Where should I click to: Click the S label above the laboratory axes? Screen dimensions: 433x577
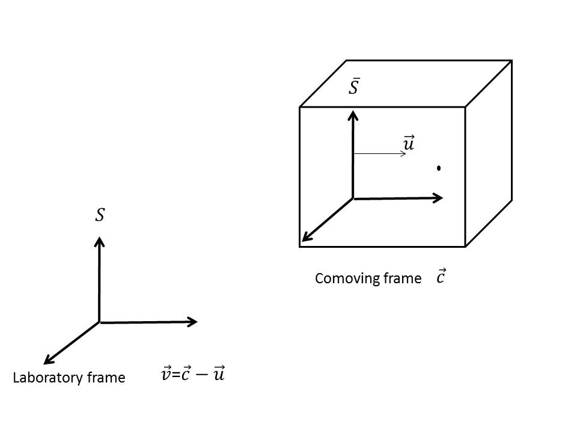[x=100, y=215]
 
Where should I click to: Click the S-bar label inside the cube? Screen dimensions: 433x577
[x=354, y=87]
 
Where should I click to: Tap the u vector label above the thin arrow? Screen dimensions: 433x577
[x=409, y=144]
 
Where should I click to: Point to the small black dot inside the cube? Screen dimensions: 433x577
[x=439, y=168]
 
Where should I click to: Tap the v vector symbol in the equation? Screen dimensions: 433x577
[x=166, y=375]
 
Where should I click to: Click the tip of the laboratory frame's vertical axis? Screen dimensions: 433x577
[x=100, y=238]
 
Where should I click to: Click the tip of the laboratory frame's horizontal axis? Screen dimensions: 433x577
[x=197, y=322]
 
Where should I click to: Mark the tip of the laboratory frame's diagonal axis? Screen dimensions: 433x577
[x=45, y=363]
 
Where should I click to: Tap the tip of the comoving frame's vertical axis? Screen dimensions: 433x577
[x=353, y=111]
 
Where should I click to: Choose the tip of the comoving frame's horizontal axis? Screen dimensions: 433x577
[x=442, y=197]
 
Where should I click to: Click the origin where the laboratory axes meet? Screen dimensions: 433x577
[x=100, y=322]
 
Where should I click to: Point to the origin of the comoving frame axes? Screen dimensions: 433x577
[x=353, y=198]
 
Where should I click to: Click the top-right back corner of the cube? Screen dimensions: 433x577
[x=511, y=60]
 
